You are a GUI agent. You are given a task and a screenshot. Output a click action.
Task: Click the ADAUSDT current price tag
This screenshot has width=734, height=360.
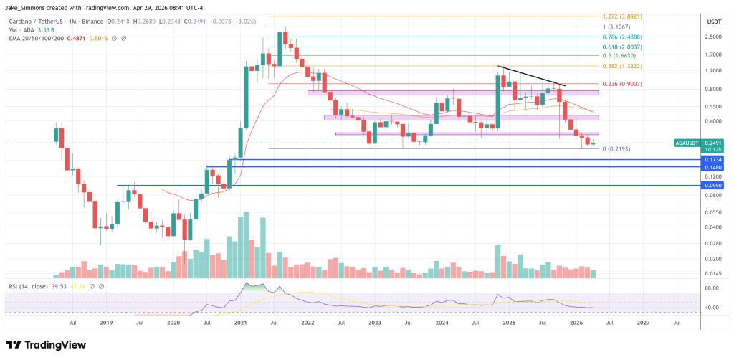point(691,143)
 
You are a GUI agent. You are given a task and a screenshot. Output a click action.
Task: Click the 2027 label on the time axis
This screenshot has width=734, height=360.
point(644,323)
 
